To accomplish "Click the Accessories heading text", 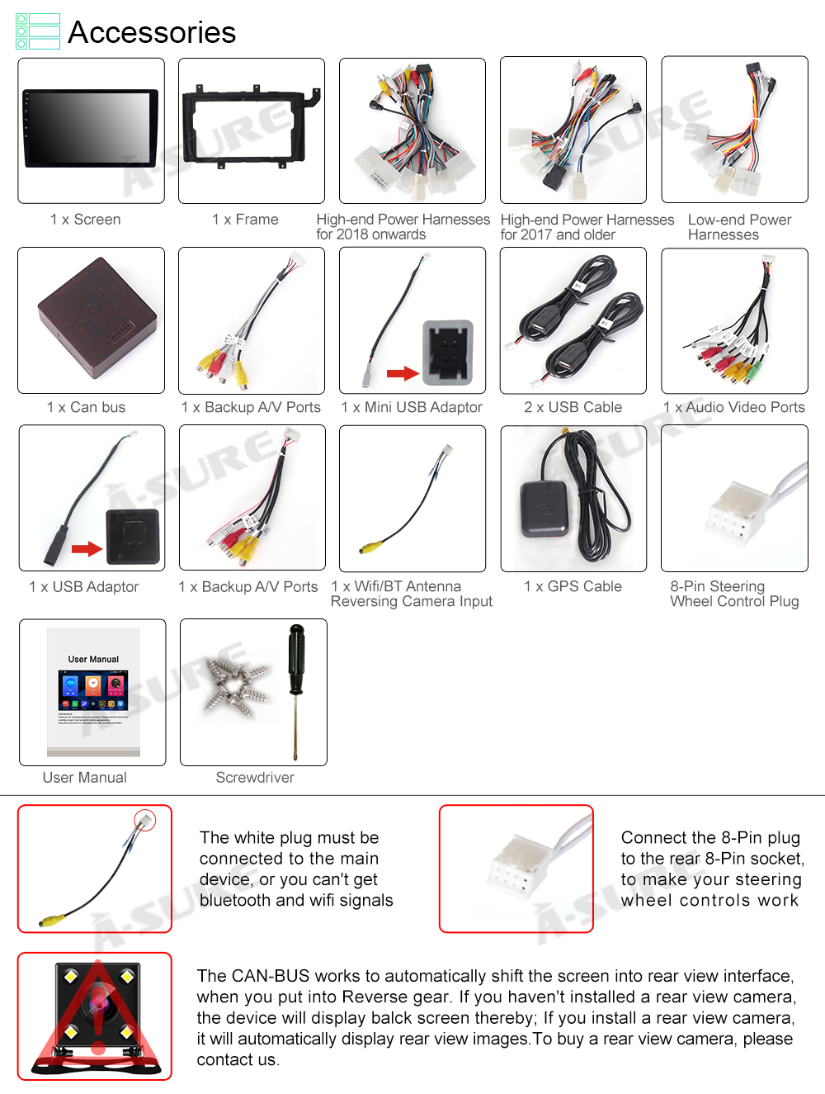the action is point(151,32).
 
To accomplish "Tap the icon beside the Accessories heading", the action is point(38,31).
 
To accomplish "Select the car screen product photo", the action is point(91,129).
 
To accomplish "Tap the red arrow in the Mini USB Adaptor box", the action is point(403,373).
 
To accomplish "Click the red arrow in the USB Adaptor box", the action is point(87,549).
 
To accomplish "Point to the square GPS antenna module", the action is point(543,509).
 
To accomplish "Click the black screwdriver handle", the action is point(296,658).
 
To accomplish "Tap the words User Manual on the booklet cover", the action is point(93,659).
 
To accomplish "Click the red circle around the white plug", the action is point(145,819).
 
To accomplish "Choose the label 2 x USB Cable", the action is point(573,407).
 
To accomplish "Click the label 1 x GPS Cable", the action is point(573,586).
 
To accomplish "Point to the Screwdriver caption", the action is point(255,778).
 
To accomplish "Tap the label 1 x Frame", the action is point(245,220).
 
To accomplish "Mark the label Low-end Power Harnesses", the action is point(739,227).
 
